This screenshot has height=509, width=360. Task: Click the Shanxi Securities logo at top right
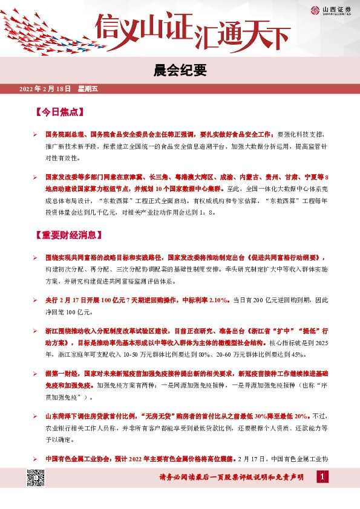point(327,10)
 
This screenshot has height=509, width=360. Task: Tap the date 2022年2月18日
point(45,89)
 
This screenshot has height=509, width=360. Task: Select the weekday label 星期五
point(88,89)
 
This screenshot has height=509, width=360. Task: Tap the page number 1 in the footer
point(323,478)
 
